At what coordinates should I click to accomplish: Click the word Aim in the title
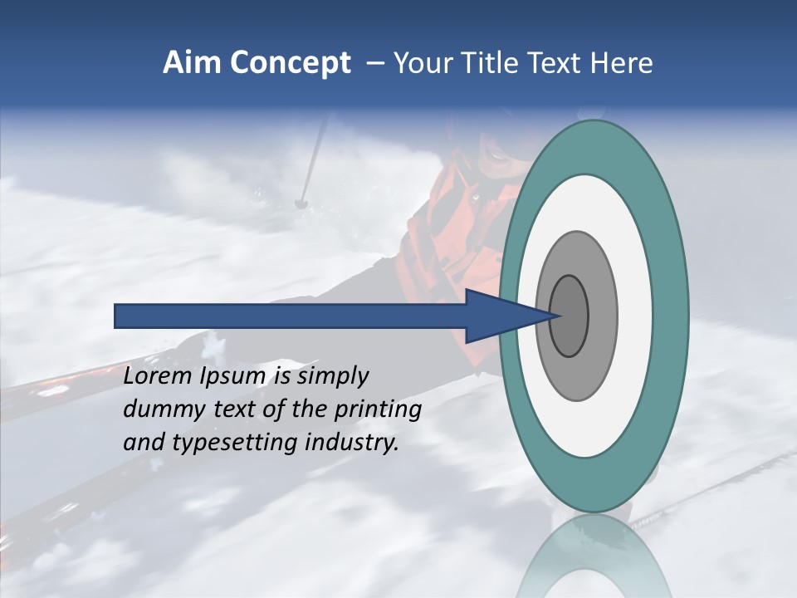click(x=192, y=63)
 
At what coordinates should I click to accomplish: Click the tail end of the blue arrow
click(x=117, y=316)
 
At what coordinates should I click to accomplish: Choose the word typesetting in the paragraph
click(x=235, y=443)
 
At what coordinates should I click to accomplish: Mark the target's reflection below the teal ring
click(x=594, y=556)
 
